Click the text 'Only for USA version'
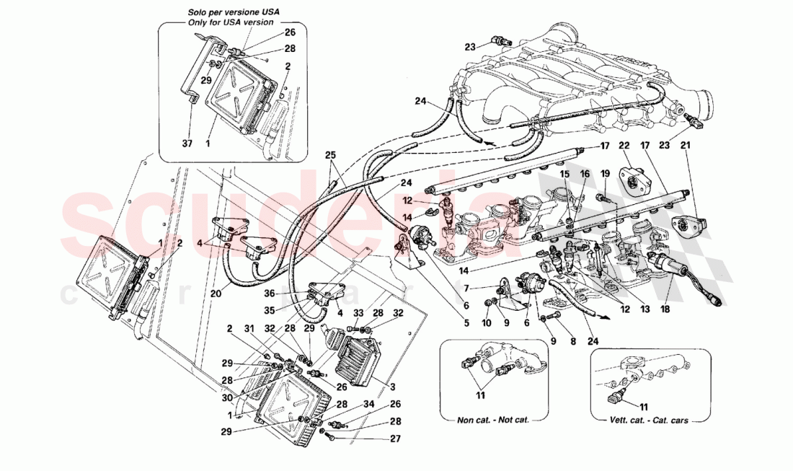(x=231, y=22)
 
